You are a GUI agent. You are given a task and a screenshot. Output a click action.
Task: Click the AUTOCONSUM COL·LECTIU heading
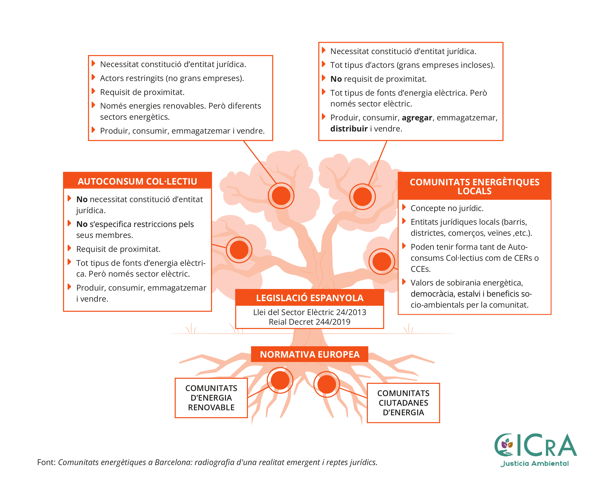[x=137, y=181]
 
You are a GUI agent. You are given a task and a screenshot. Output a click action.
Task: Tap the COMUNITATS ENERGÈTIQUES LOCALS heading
[x=474, y=186]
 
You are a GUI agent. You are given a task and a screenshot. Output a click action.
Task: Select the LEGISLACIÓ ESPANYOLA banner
[x=310, y=298]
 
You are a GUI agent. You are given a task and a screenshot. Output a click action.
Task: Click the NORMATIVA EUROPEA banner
[x=310, y=354]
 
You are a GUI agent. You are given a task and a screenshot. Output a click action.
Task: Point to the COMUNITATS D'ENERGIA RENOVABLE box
[x=211, y=398]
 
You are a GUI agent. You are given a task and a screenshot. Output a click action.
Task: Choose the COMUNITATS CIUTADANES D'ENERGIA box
[x=403, y=403]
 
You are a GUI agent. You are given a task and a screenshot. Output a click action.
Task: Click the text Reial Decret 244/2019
[x=310, y=322]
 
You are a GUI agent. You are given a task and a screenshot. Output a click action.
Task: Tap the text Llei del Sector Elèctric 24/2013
[x=310, y=312]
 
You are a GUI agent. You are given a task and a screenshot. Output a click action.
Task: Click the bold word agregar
[x=417, y=118]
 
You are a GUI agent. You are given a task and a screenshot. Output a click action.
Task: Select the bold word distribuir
[x=349, y=129]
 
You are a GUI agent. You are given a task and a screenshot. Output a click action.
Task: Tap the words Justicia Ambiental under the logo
[x=535, y=463]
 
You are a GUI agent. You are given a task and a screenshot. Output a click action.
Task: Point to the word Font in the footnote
[x=46, y=462]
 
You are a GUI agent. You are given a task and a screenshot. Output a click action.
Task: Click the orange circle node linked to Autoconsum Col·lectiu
[x=239, y=250]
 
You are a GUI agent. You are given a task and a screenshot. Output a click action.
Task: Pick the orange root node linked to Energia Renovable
[x=280, y=380]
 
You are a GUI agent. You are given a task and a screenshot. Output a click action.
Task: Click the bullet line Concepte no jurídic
[x=447, y=208]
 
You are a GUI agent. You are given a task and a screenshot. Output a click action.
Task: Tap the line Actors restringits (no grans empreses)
[x=172, y=78]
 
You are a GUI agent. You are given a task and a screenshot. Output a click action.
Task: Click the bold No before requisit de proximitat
[x=336, y=79]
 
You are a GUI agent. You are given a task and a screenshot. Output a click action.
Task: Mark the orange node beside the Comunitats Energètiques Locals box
[x=382, y=261]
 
